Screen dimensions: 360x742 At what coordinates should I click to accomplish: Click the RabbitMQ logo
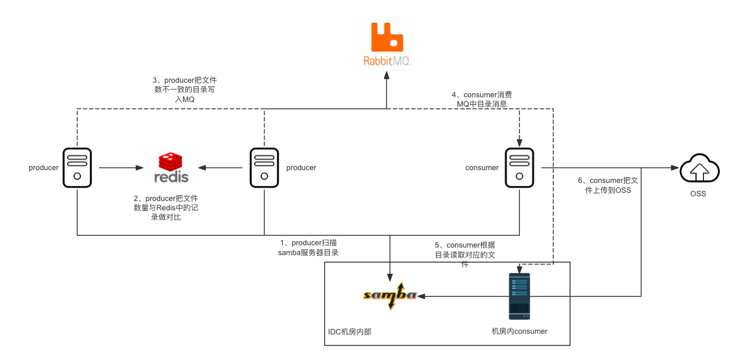[387, 44]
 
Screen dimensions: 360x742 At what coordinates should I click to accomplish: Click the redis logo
[171, 167]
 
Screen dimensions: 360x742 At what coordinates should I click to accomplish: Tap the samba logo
[389, 295]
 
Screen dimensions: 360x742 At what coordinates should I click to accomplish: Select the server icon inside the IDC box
[519, 296]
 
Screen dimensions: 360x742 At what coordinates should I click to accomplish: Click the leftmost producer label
[44, 168]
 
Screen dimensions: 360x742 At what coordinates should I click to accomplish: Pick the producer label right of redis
[301, 168]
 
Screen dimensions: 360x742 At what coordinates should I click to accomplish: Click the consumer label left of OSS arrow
[482, 168]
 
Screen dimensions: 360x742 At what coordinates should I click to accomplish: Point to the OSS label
[698, 193]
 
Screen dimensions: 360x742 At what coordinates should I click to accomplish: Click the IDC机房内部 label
[350, 331]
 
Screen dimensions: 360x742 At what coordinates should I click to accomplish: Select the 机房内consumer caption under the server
[519, 331]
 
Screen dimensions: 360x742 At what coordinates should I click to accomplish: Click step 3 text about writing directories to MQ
[184, 90]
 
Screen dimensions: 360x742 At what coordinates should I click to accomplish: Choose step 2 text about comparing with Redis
[167, 208]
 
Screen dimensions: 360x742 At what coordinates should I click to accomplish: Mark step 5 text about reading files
[465, 255]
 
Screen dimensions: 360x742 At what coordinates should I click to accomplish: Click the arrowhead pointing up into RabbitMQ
[387, 76]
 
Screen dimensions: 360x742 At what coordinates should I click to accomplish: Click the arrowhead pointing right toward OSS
[676, 168]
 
